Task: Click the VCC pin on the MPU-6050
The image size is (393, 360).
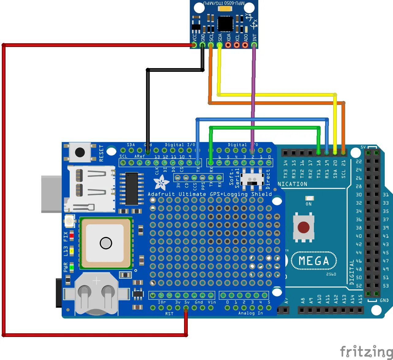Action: [x=194, y=45]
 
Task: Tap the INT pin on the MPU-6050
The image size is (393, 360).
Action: [x=254, y=45]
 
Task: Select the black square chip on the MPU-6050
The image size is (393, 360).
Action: [x=225, y=24]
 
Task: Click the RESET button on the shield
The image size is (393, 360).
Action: [x=80, y=152]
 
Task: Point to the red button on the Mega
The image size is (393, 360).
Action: [x=303, y=227]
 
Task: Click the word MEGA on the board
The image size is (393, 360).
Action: [x=314, y=261]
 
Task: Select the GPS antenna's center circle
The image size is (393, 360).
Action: [x=106, y=243]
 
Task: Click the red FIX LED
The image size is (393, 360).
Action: [x=71, y=235]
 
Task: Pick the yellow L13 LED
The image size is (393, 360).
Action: [x=71, y=251]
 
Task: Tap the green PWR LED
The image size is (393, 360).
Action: [x=71, y=267]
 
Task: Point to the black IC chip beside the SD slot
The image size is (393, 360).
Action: [x=132, y=188]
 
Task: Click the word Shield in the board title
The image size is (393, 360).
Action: [x=261, y=194]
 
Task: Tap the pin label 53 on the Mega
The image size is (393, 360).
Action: [x=386, y=286]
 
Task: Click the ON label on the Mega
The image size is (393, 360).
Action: [x=309, y=204]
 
